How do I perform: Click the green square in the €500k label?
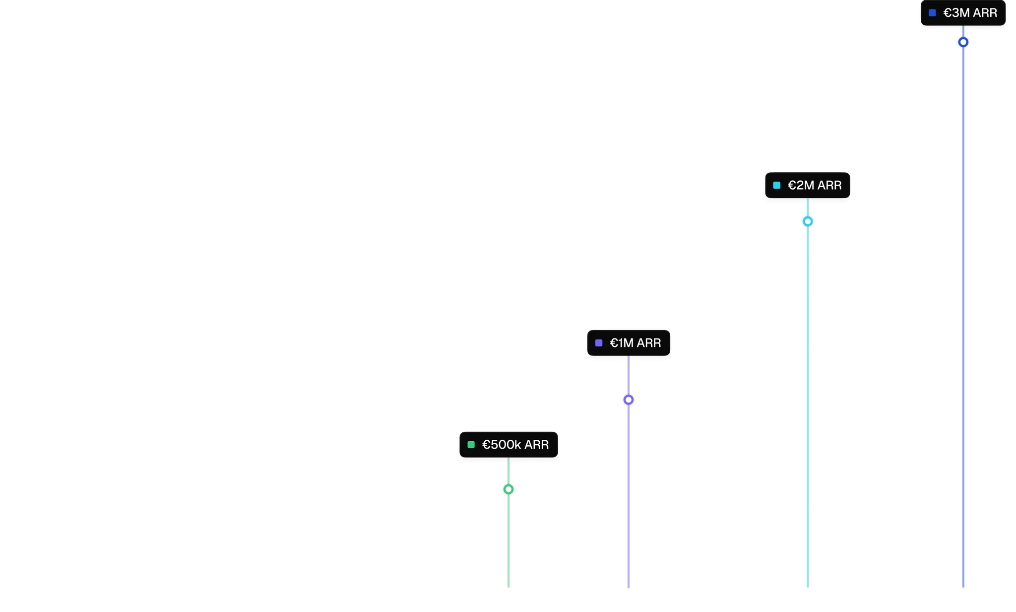[x=471, y=445]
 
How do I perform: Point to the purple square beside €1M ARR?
[x=599, y=343]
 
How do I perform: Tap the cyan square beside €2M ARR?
[x=777, y=186]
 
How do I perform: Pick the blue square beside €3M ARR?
[x=932, y=13]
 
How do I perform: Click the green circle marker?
[x=508, y=489]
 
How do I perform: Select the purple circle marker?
[x=629, y=400]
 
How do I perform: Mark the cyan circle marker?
[x=808, y=221]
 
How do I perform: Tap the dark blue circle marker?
[x=963, y=42]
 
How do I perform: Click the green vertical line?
[x=508, y=546]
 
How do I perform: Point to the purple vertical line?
[x=628, y=496]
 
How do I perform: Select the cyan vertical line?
[x=809, y=397]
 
